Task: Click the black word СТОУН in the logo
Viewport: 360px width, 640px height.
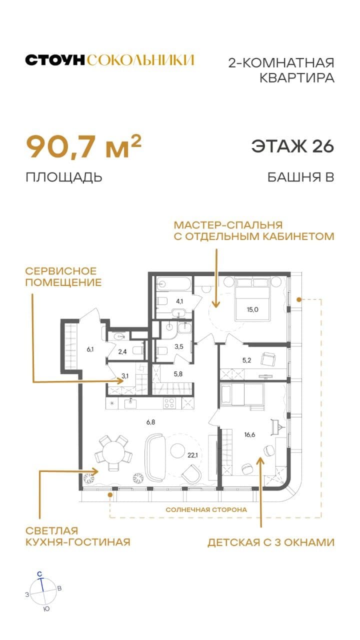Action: pyautogui.click(x=55, y=60)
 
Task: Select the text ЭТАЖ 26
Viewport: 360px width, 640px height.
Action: pyautogui.click(x=292, y=146)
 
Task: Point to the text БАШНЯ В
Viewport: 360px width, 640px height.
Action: pyautogui.click(x=300, y=177)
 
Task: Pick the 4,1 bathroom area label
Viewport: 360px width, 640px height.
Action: pyautogui.click(x=178, y=301)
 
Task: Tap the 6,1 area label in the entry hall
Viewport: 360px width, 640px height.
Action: pyautogui.click(x=90, y=349)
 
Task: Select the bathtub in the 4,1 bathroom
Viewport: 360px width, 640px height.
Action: pyautogui.click(x=173, y=284)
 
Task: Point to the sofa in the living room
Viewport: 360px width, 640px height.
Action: pyautogui.click(x=154, y=456)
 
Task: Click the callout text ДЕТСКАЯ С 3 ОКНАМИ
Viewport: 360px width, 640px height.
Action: pyautogui.click(x=271, y=542)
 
